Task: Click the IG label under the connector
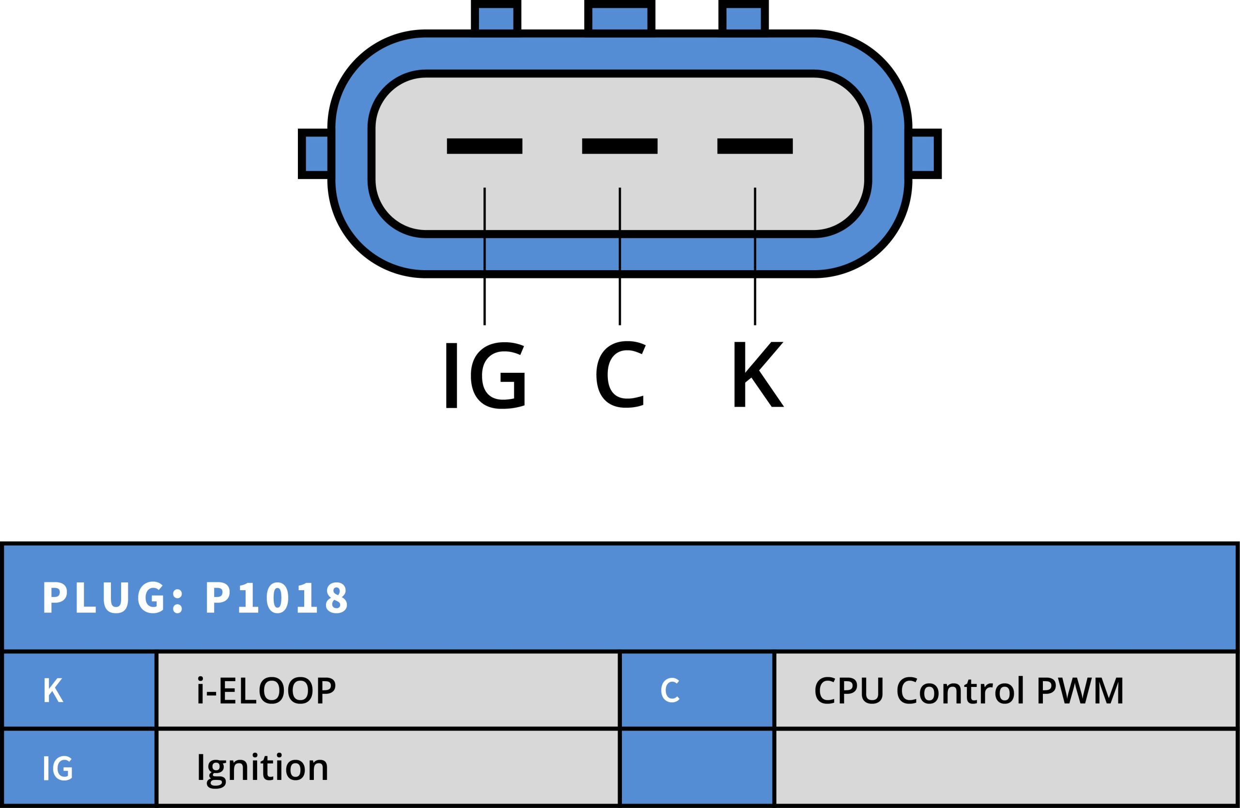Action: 485,375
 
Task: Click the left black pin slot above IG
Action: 484,146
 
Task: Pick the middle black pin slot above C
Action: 620,146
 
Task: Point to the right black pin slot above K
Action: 755,146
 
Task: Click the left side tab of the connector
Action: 314,153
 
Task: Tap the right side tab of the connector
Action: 925,153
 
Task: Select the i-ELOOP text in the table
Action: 266,690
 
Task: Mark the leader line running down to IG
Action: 484,256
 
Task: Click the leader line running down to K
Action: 755,256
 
